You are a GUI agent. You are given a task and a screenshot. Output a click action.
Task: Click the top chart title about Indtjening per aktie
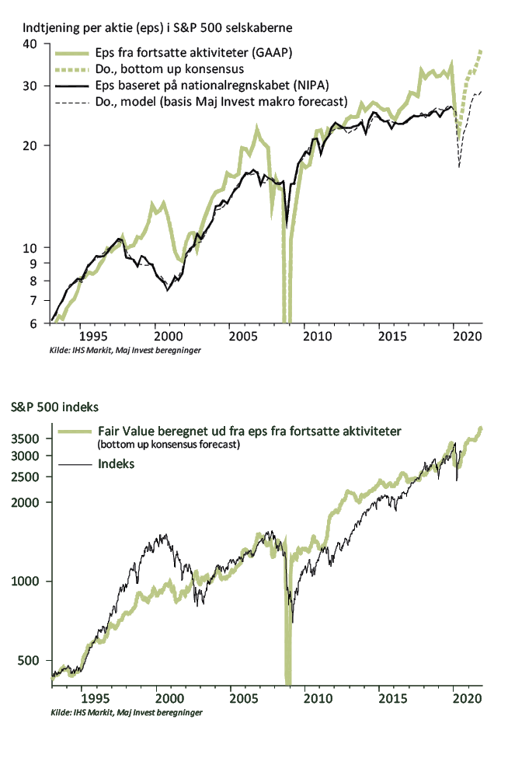(157, 28)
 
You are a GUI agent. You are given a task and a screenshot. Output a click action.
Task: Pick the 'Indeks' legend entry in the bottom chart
(116, 464)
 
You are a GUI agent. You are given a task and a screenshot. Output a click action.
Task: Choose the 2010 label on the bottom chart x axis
(318, 698)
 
